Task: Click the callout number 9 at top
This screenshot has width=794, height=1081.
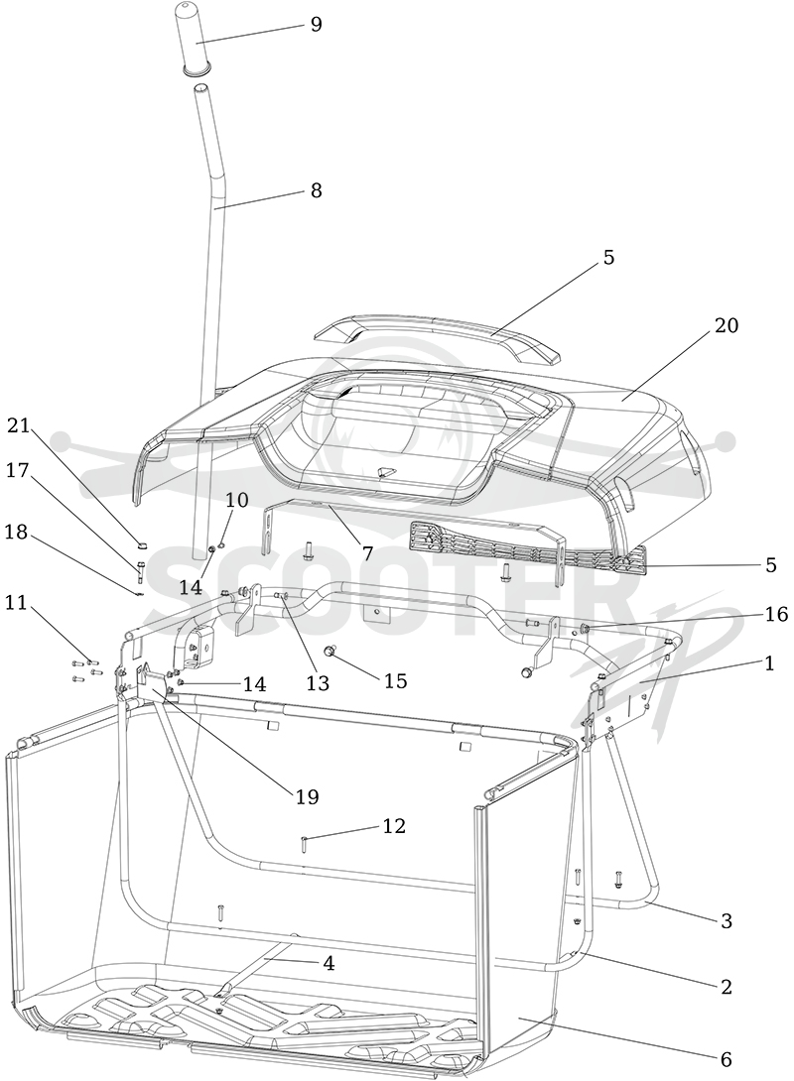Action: point(316,25)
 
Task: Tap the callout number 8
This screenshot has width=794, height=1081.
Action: point(316,190)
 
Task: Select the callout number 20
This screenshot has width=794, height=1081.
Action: point(726,324)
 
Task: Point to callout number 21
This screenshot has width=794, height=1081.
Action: point(19,426)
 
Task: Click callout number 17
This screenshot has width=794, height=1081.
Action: point(19,470)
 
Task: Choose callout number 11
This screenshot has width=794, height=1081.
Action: point(15,603)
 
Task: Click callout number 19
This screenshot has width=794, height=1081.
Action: point(307,797)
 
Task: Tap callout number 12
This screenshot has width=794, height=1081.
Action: point(394,825)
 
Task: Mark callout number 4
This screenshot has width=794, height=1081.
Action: point(330,963)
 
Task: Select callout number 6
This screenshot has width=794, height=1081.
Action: point(726,1058)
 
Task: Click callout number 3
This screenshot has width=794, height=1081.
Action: point(726,920)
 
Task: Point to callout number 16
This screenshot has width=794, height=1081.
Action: point(777,614)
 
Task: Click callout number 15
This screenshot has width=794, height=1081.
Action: point(395,680)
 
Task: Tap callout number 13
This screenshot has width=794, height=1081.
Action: point(318,683)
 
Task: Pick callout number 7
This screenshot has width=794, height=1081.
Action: point(367,553)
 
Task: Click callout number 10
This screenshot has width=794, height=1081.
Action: point(236,500)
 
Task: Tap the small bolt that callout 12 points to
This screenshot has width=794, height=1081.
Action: point(304,842)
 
